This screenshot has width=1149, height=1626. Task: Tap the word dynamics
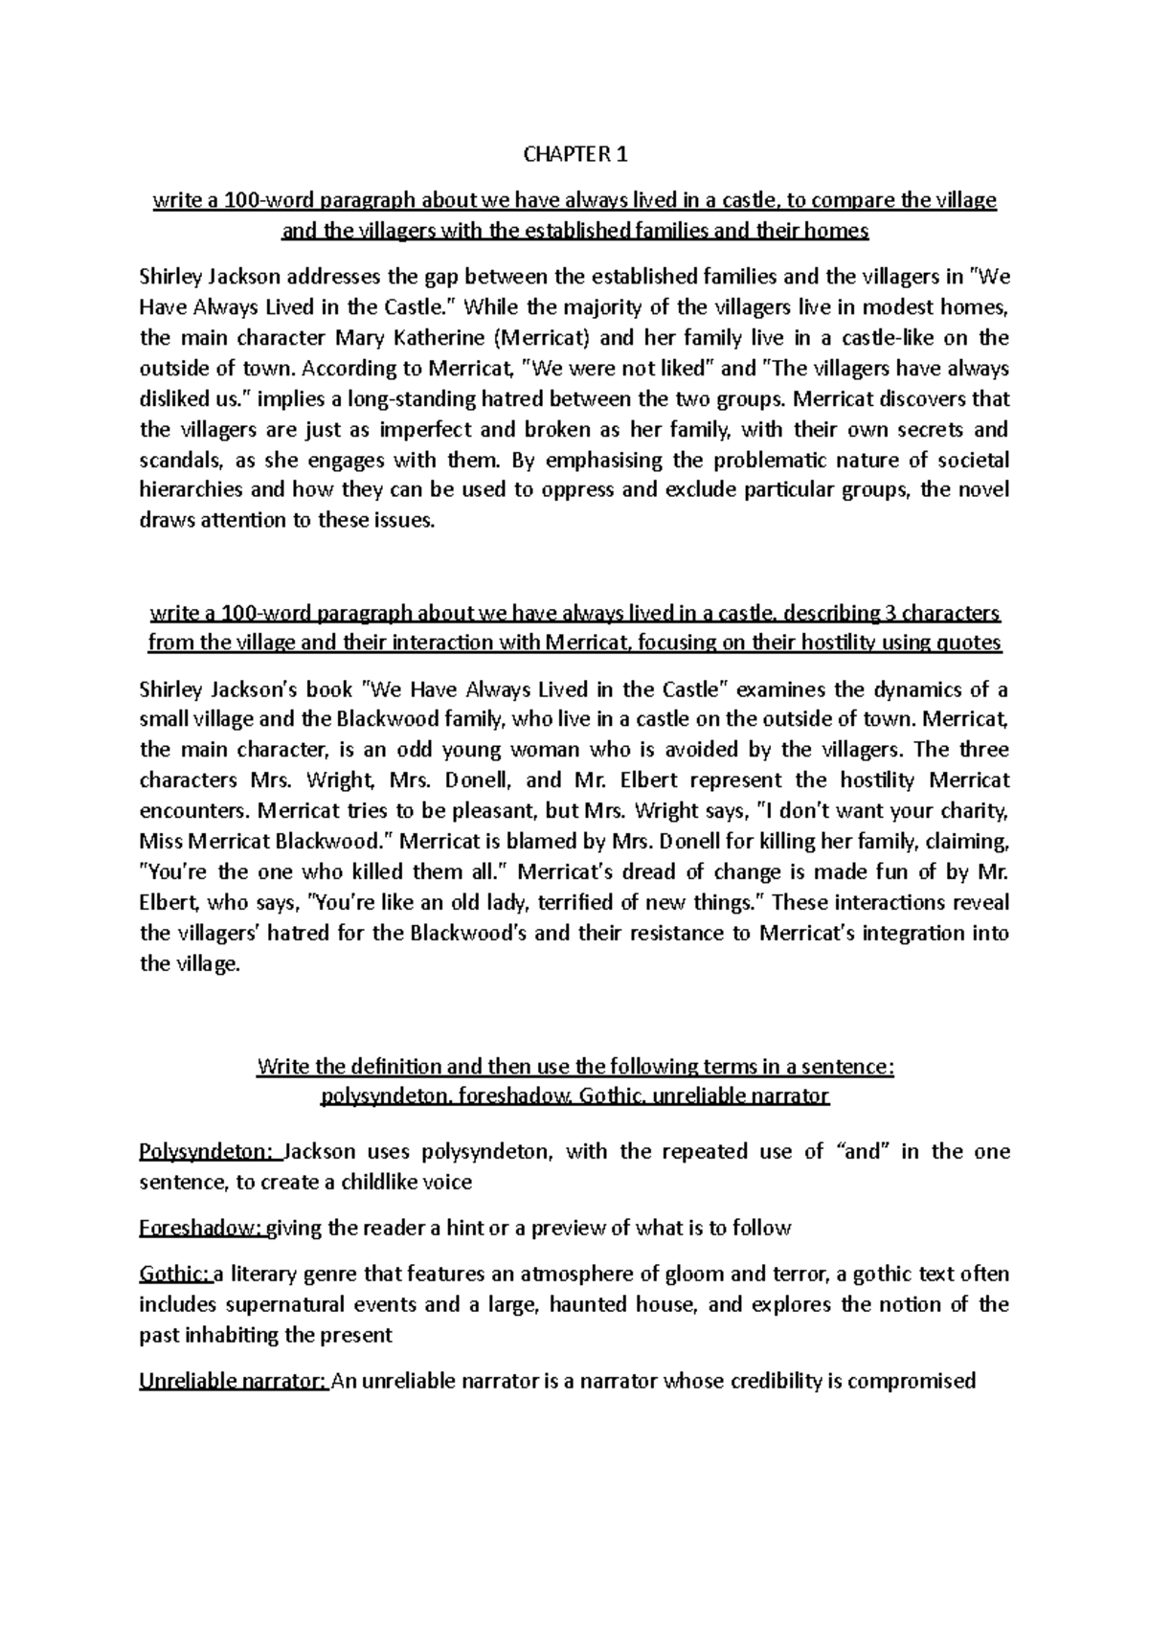click(x=895, y=689)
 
